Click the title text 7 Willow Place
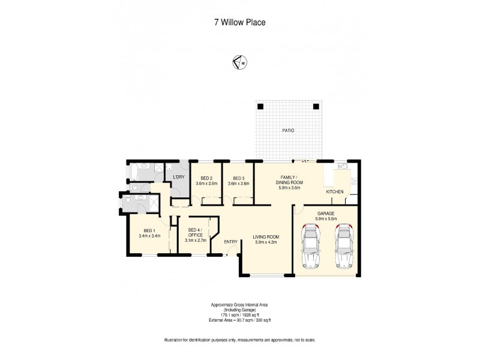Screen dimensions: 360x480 point(239,23)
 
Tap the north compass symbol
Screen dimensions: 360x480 point(239,61)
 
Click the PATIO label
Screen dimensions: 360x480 point(289,130)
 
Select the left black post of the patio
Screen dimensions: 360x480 point(260,106)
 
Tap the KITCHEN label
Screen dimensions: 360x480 point(334,191)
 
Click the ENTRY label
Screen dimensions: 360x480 point(230,241)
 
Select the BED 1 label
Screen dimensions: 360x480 point(149,231)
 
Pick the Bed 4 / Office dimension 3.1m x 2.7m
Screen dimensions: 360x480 point(196,240)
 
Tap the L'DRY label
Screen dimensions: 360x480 point(178,178)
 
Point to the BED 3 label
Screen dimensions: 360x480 point(239,178)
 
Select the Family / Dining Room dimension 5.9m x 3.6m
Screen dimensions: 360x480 point(289,188)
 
